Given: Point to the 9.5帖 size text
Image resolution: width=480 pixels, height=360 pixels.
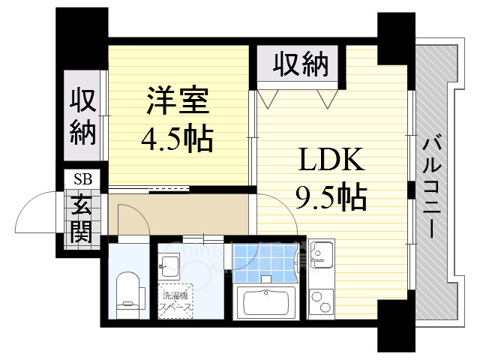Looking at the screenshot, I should click(331, 196).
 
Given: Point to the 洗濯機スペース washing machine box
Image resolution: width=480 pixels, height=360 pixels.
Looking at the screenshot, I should click(175, 301).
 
